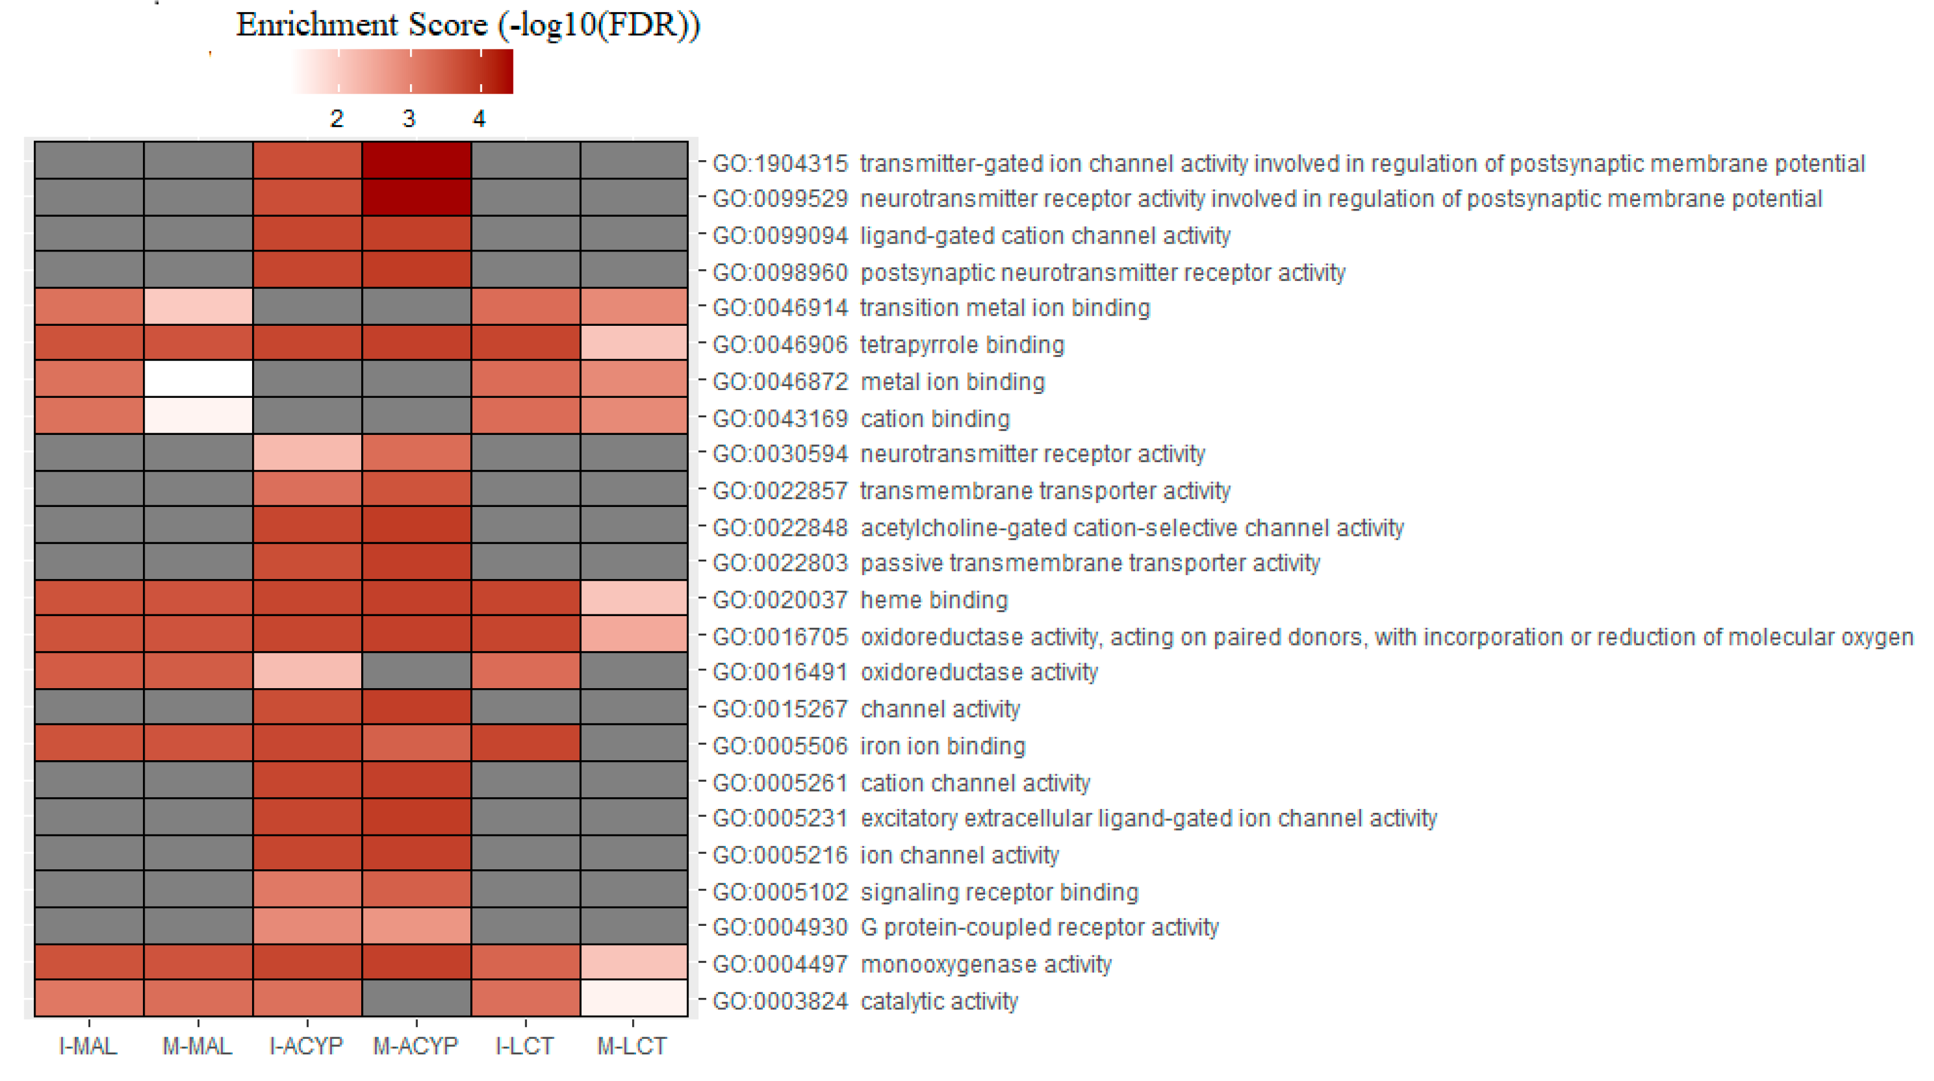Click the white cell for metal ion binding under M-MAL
click(x=198, y=378)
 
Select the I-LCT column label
click(x=524, y=1046)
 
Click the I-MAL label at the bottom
click(x=88, y=1046)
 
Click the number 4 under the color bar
click(x=479, y=119)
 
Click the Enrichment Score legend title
click(x=468, y=25)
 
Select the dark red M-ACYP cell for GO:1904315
click(x=416, y=160)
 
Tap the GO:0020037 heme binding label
click(x=860, y=600)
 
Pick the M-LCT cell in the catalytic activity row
click(x=634, y=998)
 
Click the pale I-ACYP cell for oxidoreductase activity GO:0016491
click(x=307, y=670)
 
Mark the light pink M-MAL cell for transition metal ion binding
click(x=198, y=306)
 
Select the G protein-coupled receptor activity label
click(x=965, y=928)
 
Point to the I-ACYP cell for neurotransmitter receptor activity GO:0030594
click(x=307, y=452)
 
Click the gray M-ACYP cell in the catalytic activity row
click(x=416, y=998)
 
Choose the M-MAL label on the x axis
click(x=197, y=1046)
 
